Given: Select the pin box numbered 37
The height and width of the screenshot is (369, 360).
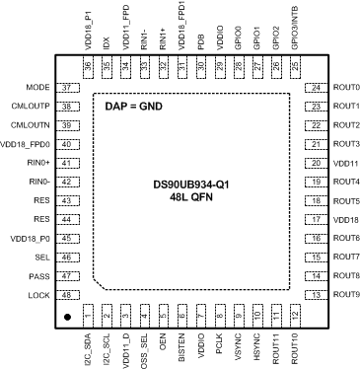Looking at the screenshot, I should click(68, 88).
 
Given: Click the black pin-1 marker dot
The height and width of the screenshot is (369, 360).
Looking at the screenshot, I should click(67, 318).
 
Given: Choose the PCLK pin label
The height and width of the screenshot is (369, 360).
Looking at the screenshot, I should click(217, 343).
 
